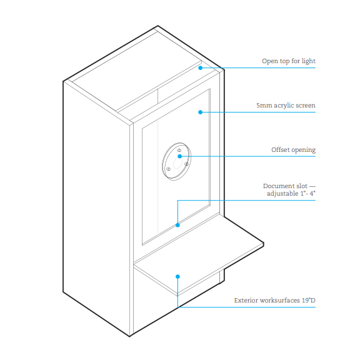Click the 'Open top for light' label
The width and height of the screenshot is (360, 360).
tap(289, 61)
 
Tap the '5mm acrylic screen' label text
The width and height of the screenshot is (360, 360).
tap(286, 106)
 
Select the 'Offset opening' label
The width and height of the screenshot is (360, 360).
tap(293, 150)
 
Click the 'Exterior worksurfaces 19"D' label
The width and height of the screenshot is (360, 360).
tap(275, 300)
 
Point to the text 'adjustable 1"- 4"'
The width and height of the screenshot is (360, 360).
tap(291, 194)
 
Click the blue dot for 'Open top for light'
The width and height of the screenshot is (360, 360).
tap(201, 68)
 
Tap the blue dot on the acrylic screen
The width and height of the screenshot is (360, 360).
tap(201, 112)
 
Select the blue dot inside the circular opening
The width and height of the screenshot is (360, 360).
tap(180, 156)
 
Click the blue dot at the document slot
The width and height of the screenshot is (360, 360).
tap(177, 225)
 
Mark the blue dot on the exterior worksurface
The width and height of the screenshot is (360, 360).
tap(177, 277)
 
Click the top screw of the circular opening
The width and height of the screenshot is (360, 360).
tap(179, 151)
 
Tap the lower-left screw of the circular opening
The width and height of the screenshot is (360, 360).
tap(169, 169)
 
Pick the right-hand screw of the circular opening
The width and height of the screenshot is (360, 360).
tap(187, 164)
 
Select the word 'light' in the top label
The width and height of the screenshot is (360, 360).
tap(309, 61)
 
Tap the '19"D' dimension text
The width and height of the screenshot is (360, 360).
tap(309, 300)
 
